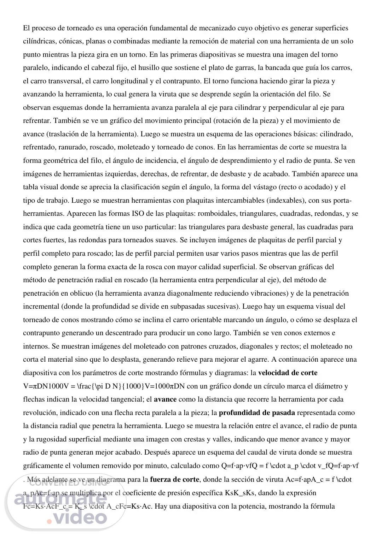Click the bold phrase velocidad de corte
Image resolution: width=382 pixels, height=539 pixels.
click(288, 373)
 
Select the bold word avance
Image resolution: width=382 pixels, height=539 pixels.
click(165, 399)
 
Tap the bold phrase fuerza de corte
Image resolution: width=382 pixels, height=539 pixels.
click(175, 479)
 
